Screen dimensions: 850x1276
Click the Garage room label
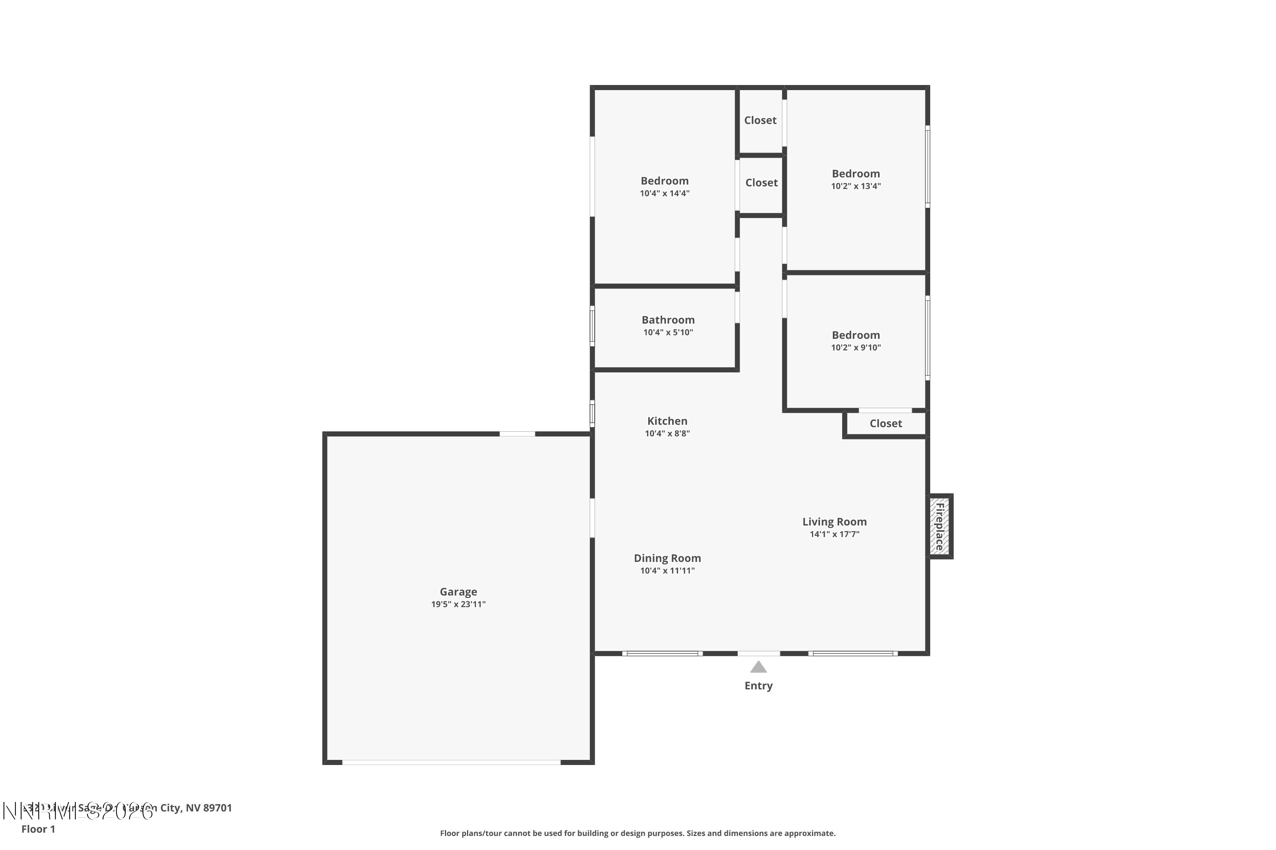[458, 592]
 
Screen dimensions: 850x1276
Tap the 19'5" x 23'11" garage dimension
[458, 604]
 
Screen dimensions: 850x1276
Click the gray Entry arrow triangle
[758, 667]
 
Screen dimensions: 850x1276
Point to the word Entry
[758, 686]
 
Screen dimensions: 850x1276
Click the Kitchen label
[667, 421]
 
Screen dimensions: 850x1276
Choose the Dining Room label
[667, 558]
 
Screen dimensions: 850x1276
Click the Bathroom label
[668, 320]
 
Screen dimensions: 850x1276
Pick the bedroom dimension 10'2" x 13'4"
[855, 187]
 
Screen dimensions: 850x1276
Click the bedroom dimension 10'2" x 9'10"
[855, 348]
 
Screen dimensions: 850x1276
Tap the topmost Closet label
[760, 120]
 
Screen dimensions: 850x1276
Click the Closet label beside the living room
[886, 423]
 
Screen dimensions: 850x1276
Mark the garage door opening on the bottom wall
[451, 762]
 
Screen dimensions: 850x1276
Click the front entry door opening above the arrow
[758, 653]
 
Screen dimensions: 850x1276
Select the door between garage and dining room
[592, 518]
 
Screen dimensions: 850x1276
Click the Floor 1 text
[38, 829]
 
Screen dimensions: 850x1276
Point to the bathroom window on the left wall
[592, 326]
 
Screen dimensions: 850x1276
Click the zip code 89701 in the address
[217, 808]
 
